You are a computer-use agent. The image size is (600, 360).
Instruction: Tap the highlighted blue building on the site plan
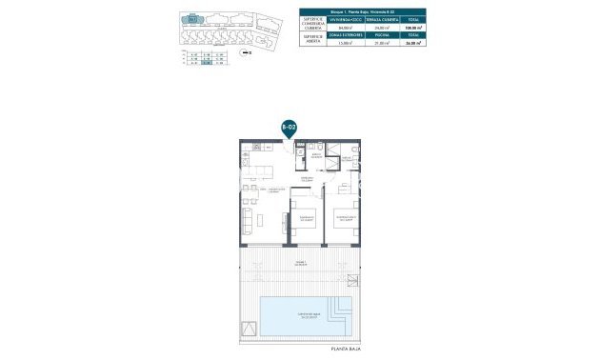(192, 18)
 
